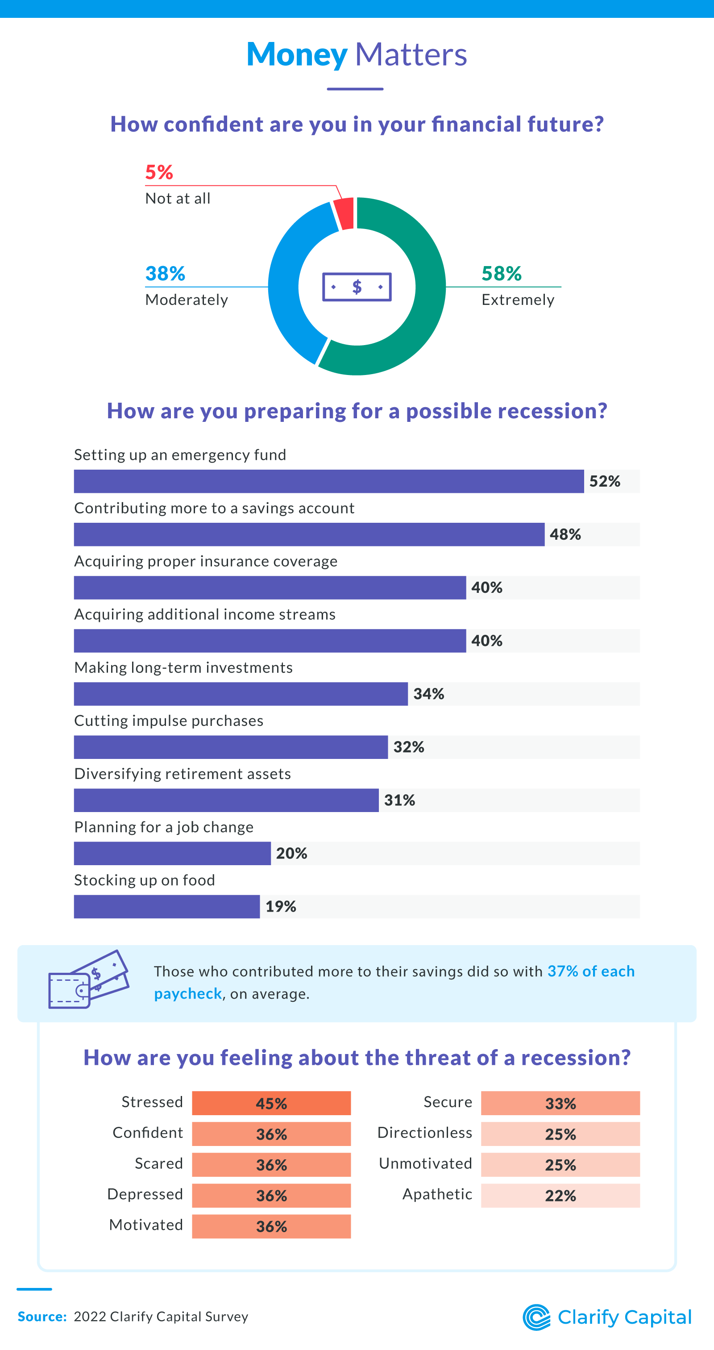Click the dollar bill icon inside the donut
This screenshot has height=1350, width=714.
click(357, 287)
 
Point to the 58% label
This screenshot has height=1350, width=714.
click(501, 274)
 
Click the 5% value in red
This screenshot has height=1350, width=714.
click(159, 172)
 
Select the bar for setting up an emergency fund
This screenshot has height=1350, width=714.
click(328, 481)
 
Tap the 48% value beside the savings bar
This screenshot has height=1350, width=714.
click(565, 534)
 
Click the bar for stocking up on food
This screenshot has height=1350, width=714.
click(166, 907)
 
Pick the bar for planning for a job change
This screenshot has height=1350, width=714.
click(172, 853)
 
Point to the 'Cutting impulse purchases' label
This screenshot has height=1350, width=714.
click(169, 721)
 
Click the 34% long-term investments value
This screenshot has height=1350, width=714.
click(428, 694)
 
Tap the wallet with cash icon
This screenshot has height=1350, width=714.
click(88, 979)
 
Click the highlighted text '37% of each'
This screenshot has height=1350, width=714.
click(591, 971)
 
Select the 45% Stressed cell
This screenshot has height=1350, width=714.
click(271, 1103)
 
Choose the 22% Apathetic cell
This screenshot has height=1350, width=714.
click(560, 1196)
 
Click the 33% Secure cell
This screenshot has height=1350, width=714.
click(560, 1103)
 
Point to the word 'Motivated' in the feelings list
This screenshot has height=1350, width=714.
click(146, 1225)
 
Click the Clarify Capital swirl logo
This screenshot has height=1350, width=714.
click(536, 1317)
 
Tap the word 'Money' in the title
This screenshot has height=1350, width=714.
click(296, 54)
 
